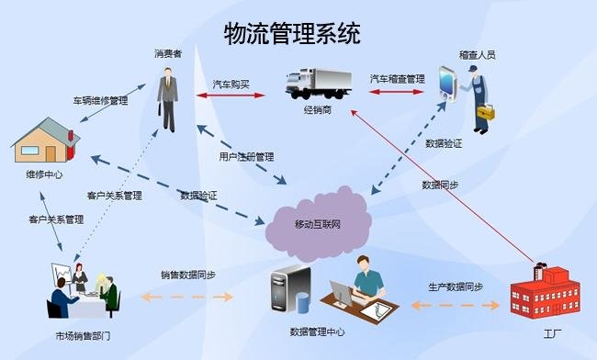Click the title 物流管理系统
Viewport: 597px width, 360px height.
pyautogui.click(x=292, y=34)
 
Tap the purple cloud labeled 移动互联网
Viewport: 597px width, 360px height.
pyautogui.click(x=318, y=221)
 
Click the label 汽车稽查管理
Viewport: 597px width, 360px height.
pyautogui.click(x=397, y=80)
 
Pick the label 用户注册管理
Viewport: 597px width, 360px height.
pyautogui.click(x=246, y=156)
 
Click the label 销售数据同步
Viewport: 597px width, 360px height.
pyautogui.click(x=188, y=275)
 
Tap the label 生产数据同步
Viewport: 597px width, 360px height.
pyautogui.click(x=455, y=287)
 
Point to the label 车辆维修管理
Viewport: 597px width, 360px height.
pyautogui.click(x=100, y=99)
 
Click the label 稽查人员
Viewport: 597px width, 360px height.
pyautogui.click(x=478, y=55)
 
